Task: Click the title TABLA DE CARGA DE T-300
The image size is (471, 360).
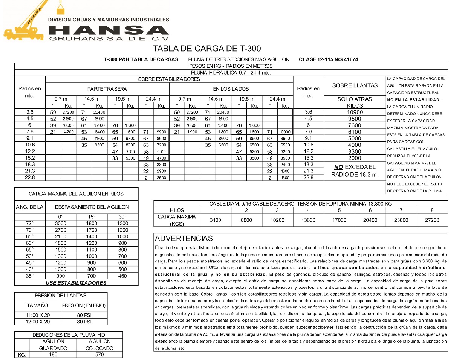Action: (x=206, y=49)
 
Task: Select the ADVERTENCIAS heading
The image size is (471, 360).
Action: (x=184, y=238)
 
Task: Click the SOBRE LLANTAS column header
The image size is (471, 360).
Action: (x=355, y=85)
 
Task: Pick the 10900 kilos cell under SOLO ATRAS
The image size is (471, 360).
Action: (x=355, y=112)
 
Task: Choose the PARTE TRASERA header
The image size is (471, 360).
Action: (x=107, y=89)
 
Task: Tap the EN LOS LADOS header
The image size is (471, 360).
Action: (x=231, y=89)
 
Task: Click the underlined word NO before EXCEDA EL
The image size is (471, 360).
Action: (x=338, y=167)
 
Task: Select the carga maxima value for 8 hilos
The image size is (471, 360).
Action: (x=432, y=220)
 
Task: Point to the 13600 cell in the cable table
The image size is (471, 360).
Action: (x=308, y=220)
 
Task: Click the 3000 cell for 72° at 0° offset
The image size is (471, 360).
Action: (x=61, y=223)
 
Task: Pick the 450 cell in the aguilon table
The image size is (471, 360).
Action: (x=122, y=276)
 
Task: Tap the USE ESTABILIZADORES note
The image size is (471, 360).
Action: (x=76, y=283)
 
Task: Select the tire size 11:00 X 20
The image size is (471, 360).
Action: (x=38, y=315)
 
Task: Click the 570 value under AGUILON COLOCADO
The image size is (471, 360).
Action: (x=99, y=354)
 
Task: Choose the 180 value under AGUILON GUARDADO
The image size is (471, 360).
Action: (x=53, y=354)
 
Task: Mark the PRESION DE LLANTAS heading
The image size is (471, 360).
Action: (x=61, y=296)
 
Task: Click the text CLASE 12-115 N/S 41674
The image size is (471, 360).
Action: (x=328, y=59)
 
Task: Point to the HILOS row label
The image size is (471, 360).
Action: (x=177, y=210)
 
